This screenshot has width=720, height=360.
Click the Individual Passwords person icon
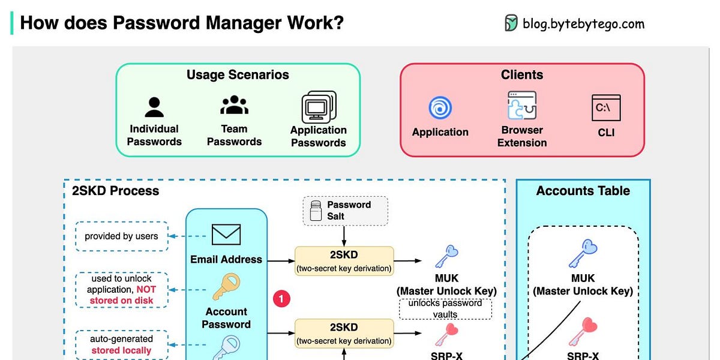tap(154, 107)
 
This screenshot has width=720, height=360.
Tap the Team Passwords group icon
tap(234, 106)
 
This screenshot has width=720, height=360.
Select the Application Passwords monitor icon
tap(318, 107)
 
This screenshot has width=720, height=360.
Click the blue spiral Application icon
tap(440, 109)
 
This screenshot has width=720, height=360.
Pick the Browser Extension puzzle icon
tap(521, 106)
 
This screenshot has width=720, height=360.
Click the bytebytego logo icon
tap(511, 23)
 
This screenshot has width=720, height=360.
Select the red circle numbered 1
tap(281, 298)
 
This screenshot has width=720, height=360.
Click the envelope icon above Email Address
tap(226, 235)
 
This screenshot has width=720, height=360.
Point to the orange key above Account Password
tap(226, 287)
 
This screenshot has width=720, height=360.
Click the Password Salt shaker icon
tap(316, 211)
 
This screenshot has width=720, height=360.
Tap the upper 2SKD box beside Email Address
tap(344, 261)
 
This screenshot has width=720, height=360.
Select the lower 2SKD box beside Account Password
tap(344, 334)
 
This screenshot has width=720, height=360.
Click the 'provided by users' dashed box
tap(121, 236)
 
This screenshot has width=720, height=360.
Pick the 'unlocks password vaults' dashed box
tap(445, 308)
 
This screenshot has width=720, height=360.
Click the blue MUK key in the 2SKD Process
tap(446, 255)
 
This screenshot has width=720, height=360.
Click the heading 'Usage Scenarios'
tap(238, 75)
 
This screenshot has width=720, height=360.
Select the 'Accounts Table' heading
tap(583, 191)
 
